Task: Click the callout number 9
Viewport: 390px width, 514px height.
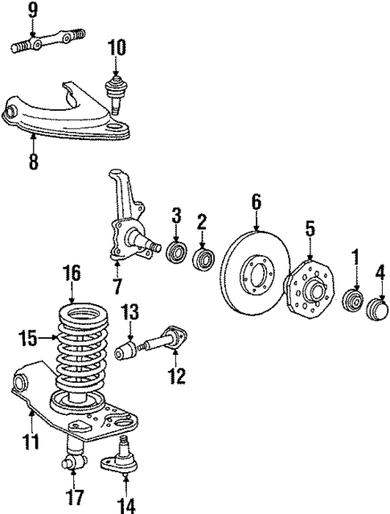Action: (33, 10)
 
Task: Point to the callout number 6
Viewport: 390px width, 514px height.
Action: (257, 201)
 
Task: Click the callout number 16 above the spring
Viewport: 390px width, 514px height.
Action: (72, 273)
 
